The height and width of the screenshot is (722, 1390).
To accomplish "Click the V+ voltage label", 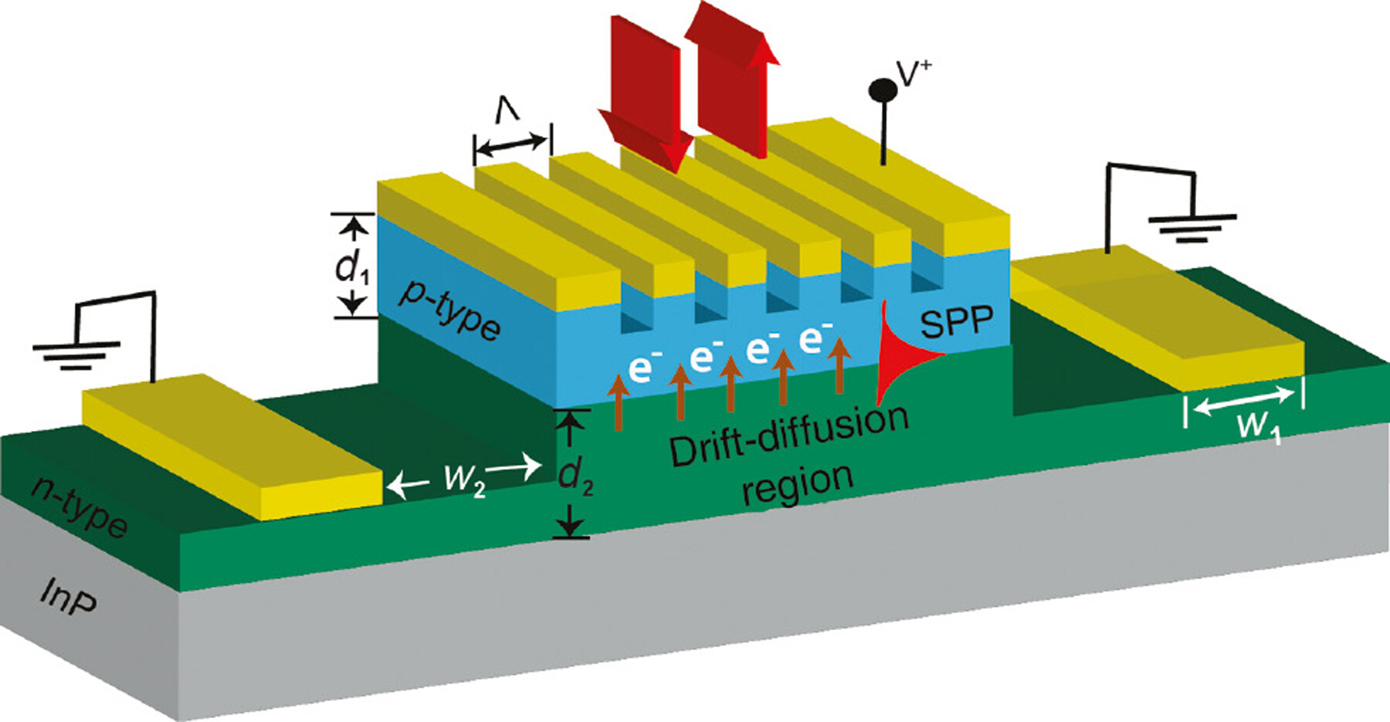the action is (x=914, y=73).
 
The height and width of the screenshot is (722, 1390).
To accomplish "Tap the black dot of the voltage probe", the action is (x=883, y=90).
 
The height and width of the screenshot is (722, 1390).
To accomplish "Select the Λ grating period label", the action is (x=507, y=113).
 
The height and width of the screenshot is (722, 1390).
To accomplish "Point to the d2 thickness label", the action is (x=575, y=476).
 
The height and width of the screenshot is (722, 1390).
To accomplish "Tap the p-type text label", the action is (x=449, y=310).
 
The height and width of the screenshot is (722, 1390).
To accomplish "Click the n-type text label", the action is (x=79, y=508).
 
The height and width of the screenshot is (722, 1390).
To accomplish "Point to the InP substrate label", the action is (x=69, y=598).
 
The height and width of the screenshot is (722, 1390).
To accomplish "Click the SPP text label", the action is (x=957, y=321).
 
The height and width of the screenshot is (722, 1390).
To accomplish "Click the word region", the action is (x=798, y=485).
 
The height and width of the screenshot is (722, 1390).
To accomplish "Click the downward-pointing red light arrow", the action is (x=647, y=93).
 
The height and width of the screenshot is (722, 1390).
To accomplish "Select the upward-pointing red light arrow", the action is (x=732, y=77).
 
